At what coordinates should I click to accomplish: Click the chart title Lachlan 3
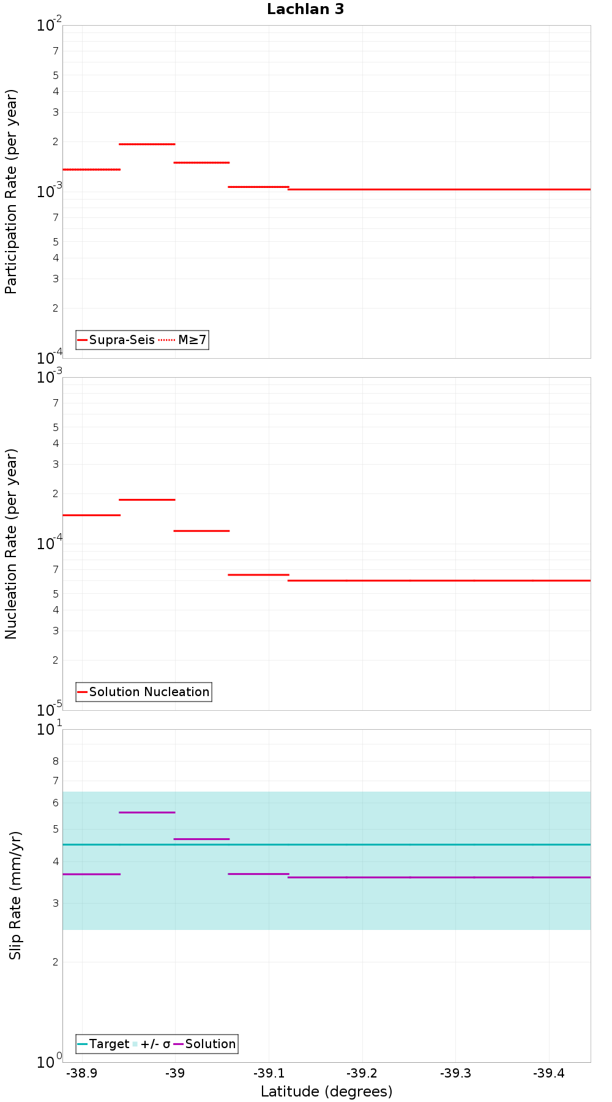coord(305,9)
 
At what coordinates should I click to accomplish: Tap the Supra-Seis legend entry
coord(116,340)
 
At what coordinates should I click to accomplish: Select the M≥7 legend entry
coord(184,340)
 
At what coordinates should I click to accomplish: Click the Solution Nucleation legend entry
coord(144,692)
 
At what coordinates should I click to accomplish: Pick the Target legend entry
coord(103,1044)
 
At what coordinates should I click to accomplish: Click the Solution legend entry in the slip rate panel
coord(204,1044)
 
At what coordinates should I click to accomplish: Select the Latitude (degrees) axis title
coord(326,1092)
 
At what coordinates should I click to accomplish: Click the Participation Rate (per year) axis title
coord(12,192)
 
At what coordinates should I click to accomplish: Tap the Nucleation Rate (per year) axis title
coord(12,544)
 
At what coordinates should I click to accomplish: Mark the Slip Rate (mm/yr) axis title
coord(15,895)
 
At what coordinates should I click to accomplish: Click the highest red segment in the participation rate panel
coord(147,144)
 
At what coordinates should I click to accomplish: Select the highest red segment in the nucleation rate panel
coord(147,500)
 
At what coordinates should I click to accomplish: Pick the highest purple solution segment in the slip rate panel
coord(147,812)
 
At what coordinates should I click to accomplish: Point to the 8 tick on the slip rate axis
coord(56,762)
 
